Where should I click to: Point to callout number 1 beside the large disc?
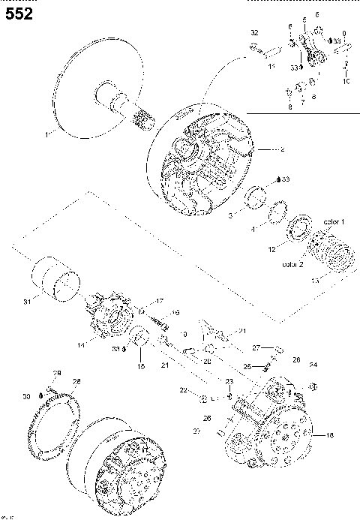[x=46, y=134]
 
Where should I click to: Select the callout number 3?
[x=232, y=214]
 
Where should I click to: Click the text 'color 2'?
[x=293, y=264]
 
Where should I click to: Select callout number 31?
[x=26, y=302]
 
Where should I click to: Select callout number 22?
[x=182, y=391]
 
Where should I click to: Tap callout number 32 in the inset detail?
[x=254, y=34]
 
